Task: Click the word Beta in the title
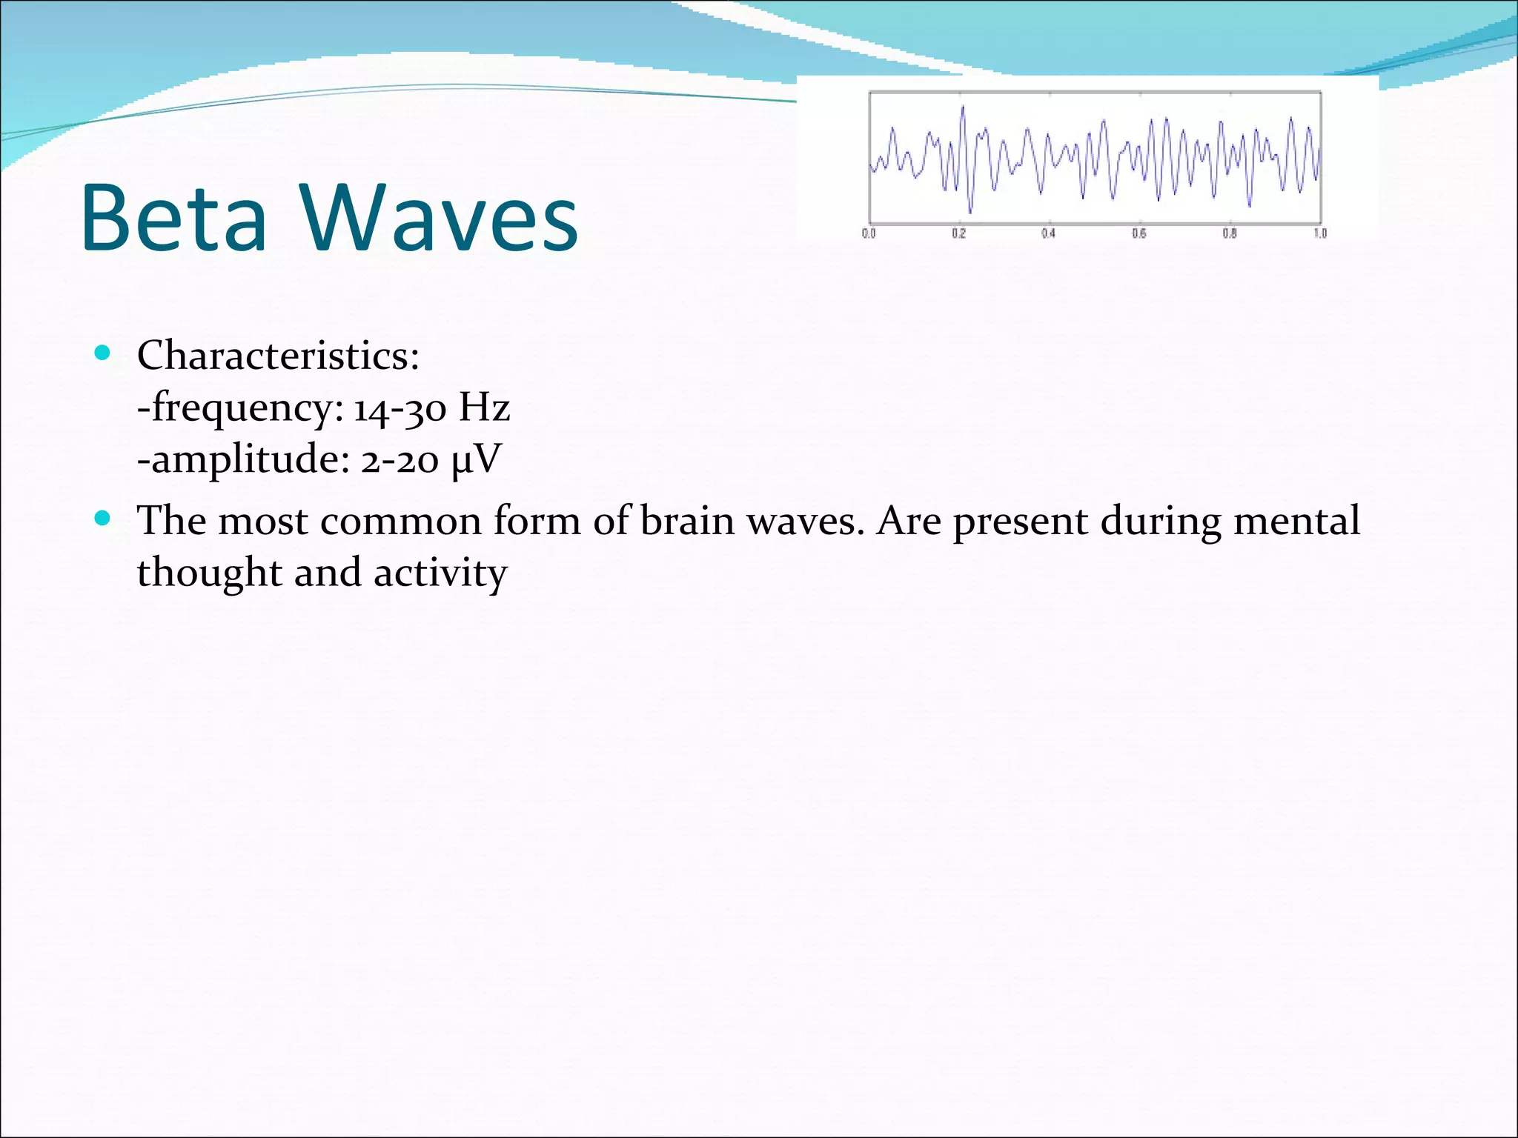pyautogui.click(x=173, y=219)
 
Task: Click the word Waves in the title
pyautogui.click(x=439, y=219)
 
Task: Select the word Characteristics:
pyautogui.click(x=278, y=356)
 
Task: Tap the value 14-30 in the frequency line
pyautogui.click(x=400, y=408)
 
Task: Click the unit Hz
pyautogui.click(x=484, y=407)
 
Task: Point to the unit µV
pyautogui.click(x=476, y=459)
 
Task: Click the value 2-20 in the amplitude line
pyautogui.click(x=400, y=460)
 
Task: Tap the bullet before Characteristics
pyautogui.click(x=103, y=353)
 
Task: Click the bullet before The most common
pyautogui.click(x=103, y=518)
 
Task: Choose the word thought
pyautogui.click(x=209, y=573)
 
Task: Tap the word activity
pyautogui.click(x=440, y=573)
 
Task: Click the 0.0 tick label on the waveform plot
pyautogui.click(x=869, y=233)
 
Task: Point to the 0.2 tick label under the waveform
pyautogui.click(x=959, y=233)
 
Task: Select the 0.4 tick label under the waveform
pyautogui.click(x=1048, y=233)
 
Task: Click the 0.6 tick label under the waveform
pyautogui.click(x=1139, y=233)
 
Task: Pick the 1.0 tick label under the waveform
pyautogui.click(x=1320, y=233)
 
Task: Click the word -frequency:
pyautogui.click(x=241, y=408)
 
